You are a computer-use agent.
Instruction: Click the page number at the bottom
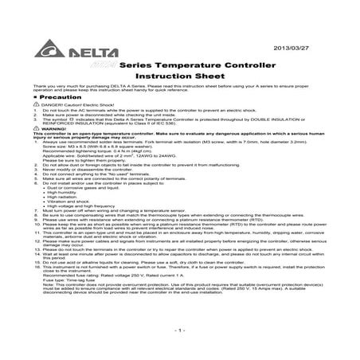180,329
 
